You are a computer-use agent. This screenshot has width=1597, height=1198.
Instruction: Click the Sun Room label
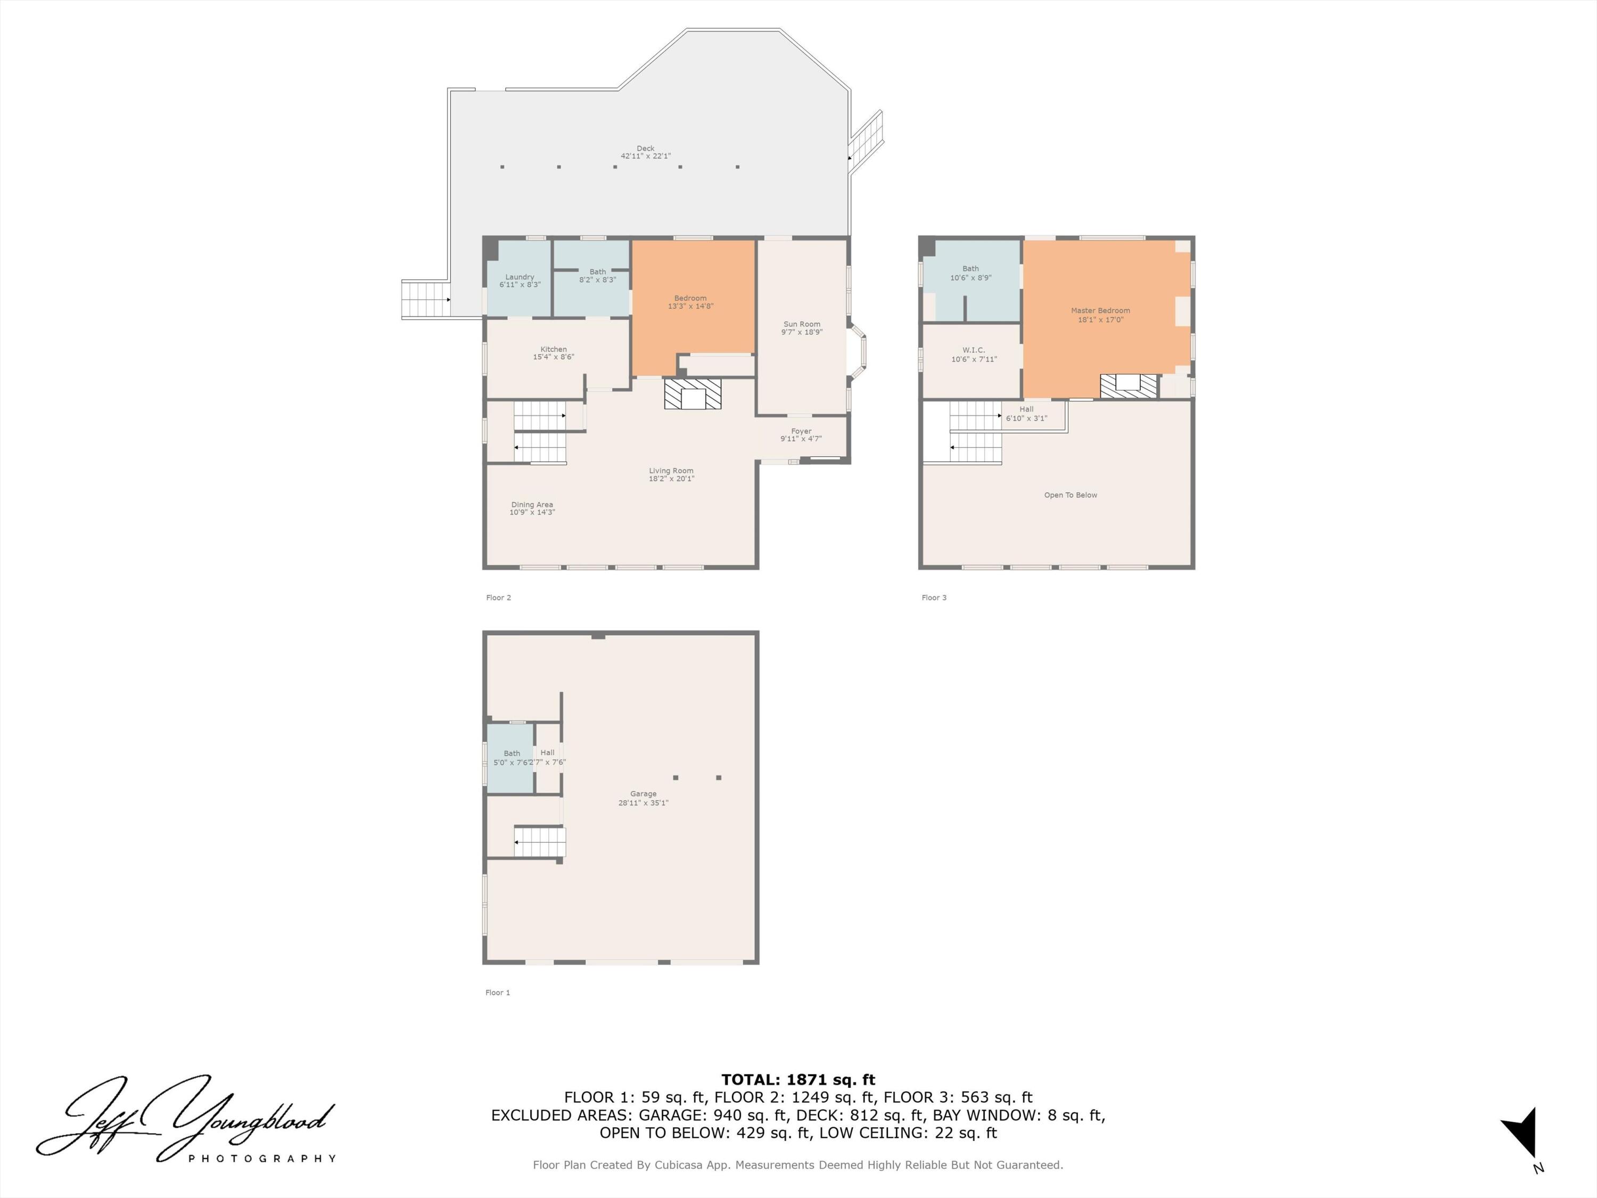click(801, 324)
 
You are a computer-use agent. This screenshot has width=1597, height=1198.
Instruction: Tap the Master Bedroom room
click(1100, 315)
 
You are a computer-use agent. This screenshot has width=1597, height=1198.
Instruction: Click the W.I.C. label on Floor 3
click(973, 350)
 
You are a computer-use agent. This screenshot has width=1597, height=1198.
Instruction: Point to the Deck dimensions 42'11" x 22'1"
click(645, 156)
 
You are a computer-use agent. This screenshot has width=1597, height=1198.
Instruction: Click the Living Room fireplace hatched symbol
click(693, 395)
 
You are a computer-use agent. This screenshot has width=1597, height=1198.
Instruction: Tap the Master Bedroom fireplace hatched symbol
click(1129, 385)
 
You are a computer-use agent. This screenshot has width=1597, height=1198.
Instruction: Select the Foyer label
click(801, 431)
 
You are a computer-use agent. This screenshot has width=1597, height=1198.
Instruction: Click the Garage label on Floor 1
click(643, 794)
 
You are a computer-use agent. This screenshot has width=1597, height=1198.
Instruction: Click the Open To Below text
click(1070, 495)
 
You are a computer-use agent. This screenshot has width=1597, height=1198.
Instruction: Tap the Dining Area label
click(532, 505)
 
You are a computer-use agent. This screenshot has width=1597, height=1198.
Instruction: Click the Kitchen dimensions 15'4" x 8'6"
click(554, 357)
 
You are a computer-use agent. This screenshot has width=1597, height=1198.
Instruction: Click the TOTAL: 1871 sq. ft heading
click(798, 1080)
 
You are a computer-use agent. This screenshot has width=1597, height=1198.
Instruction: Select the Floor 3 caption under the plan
click(934, 598)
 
